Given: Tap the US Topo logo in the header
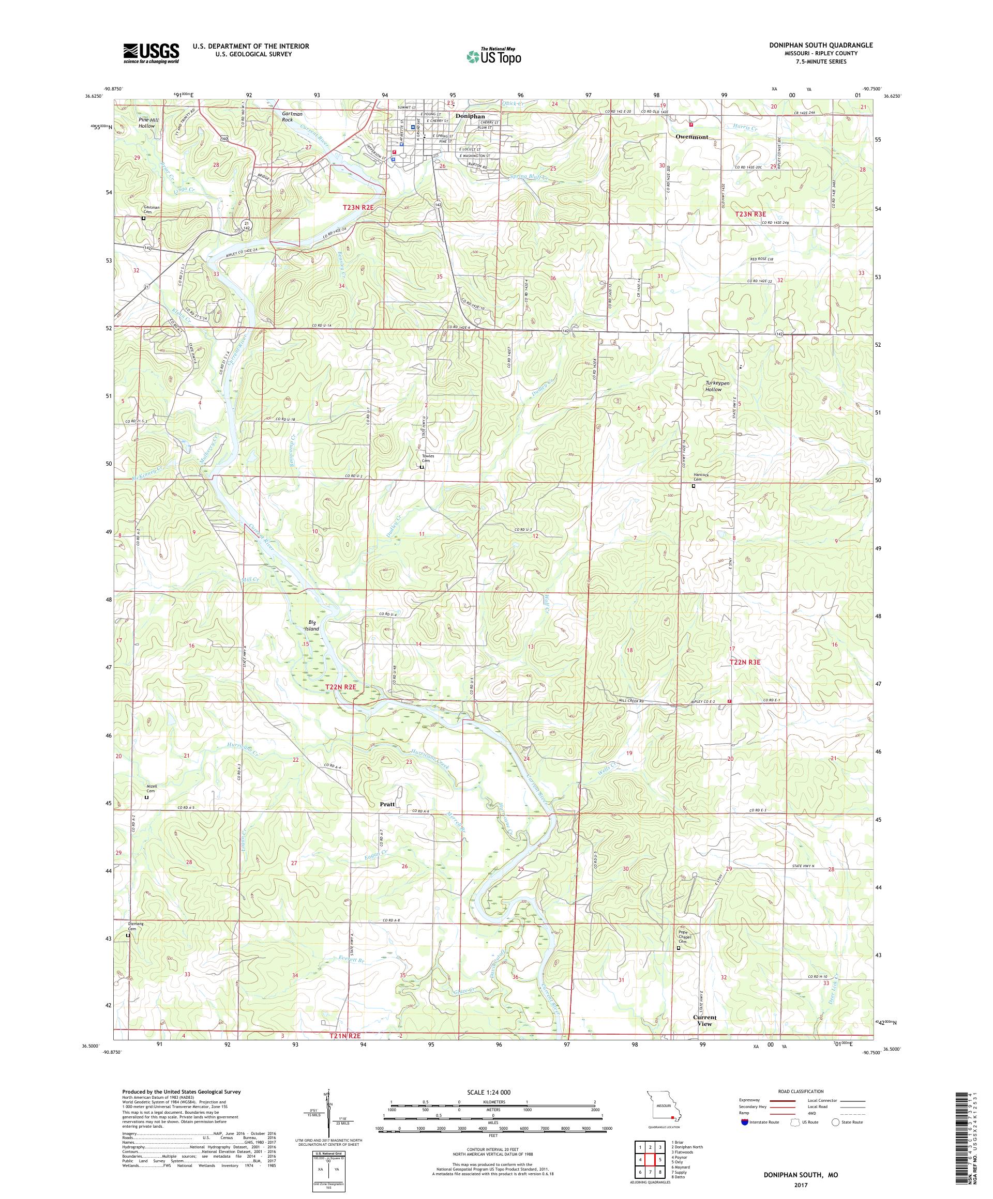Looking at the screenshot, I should coord(495,56).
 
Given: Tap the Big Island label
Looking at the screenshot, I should coord(311,625).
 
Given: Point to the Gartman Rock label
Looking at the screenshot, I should coord(291,116).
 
